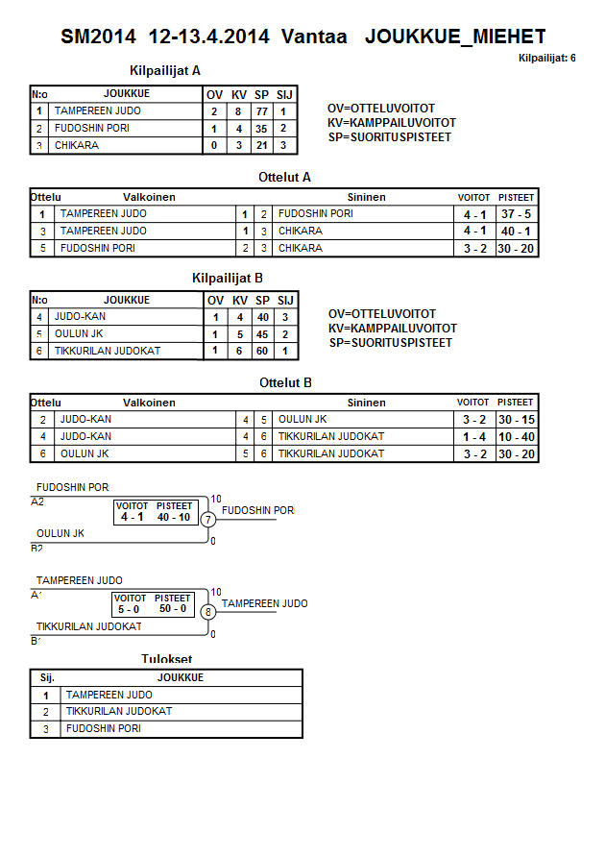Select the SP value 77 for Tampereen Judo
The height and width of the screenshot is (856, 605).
click(261, 111)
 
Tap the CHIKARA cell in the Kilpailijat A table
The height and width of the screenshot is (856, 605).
click(77, 146)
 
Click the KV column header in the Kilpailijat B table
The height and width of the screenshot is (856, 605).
click(240, 300)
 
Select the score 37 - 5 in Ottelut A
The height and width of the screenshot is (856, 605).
click(516, 214)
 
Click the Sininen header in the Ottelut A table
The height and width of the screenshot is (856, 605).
click(366, 197)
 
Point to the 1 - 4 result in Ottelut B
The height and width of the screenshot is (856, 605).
click(473, 437)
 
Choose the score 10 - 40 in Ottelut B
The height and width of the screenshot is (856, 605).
click(516, 437)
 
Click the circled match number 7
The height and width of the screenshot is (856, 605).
click(208, 519)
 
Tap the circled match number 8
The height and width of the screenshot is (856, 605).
click(208, 611)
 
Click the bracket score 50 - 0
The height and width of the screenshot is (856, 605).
click(173, 609)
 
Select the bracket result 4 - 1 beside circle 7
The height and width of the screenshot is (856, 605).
click(132, 517)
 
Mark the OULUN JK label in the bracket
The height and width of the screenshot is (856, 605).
click(60, 533)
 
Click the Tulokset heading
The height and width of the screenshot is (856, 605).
click(166, 659)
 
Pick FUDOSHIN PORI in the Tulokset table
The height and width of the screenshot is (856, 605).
click(104, 729)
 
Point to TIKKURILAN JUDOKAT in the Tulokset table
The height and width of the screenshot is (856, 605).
click(119, 712)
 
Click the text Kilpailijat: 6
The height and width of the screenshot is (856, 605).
click(546, 59)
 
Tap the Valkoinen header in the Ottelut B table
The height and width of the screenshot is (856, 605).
click(149, 403)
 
